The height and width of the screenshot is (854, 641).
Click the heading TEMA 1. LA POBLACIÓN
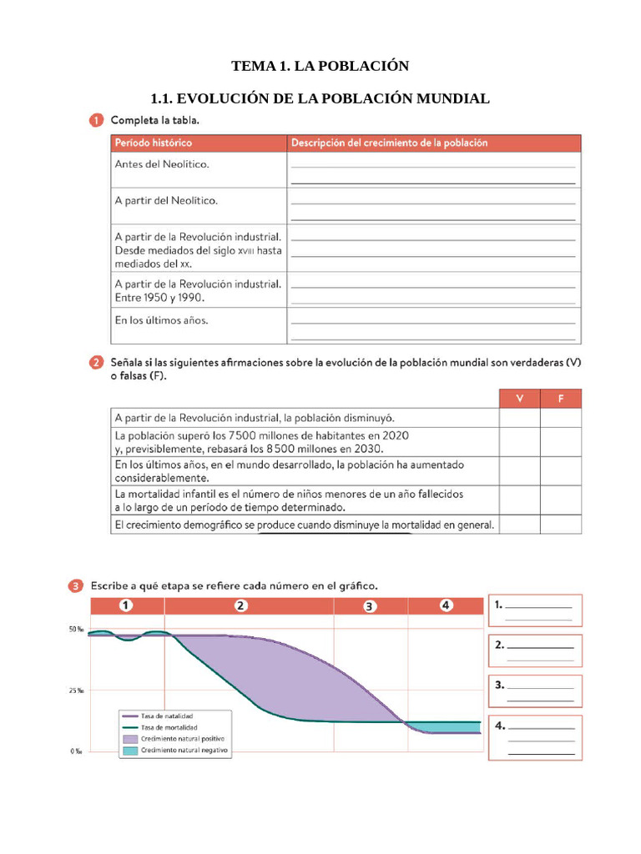[x=320, y=66]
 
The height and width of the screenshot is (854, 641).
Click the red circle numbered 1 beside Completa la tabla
[x=97, y=121]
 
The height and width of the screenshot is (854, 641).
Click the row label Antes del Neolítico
[x=162, y=164]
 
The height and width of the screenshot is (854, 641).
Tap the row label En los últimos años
[x=162, y=319]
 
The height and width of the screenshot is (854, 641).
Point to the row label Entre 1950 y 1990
[x=159, y=297]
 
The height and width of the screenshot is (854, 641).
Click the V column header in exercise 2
[x=519, y=399]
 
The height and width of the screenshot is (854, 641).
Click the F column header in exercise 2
[x=561, y=399]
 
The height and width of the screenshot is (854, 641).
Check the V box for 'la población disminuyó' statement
[x=519, y=418]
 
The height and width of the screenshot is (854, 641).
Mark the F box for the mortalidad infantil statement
[x=561, y=500]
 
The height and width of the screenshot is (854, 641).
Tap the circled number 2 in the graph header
[x=241, y=605]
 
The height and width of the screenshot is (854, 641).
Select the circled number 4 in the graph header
[x=447, y=605]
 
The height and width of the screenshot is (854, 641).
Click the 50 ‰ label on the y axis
[x=76, y=630]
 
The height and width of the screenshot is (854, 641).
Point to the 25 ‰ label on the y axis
[x=76, y=691]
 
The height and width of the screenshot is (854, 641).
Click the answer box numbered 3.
[x=534, y=691]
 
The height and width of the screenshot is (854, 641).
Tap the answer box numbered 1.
[x=534, y=610]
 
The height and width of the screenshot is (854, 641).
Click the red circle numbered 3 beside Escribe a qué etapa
[x=76, y=585]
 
